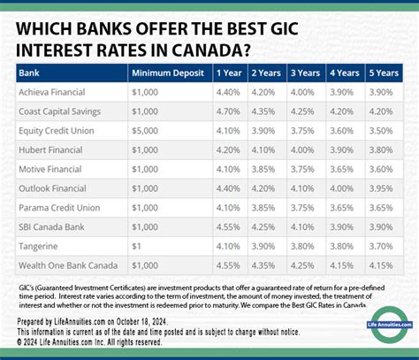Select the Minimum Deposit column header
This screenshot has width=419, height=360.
166,73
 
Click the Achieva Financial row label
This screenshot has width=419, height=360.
54,91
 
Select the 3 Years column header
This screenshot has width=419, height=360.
305,73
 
